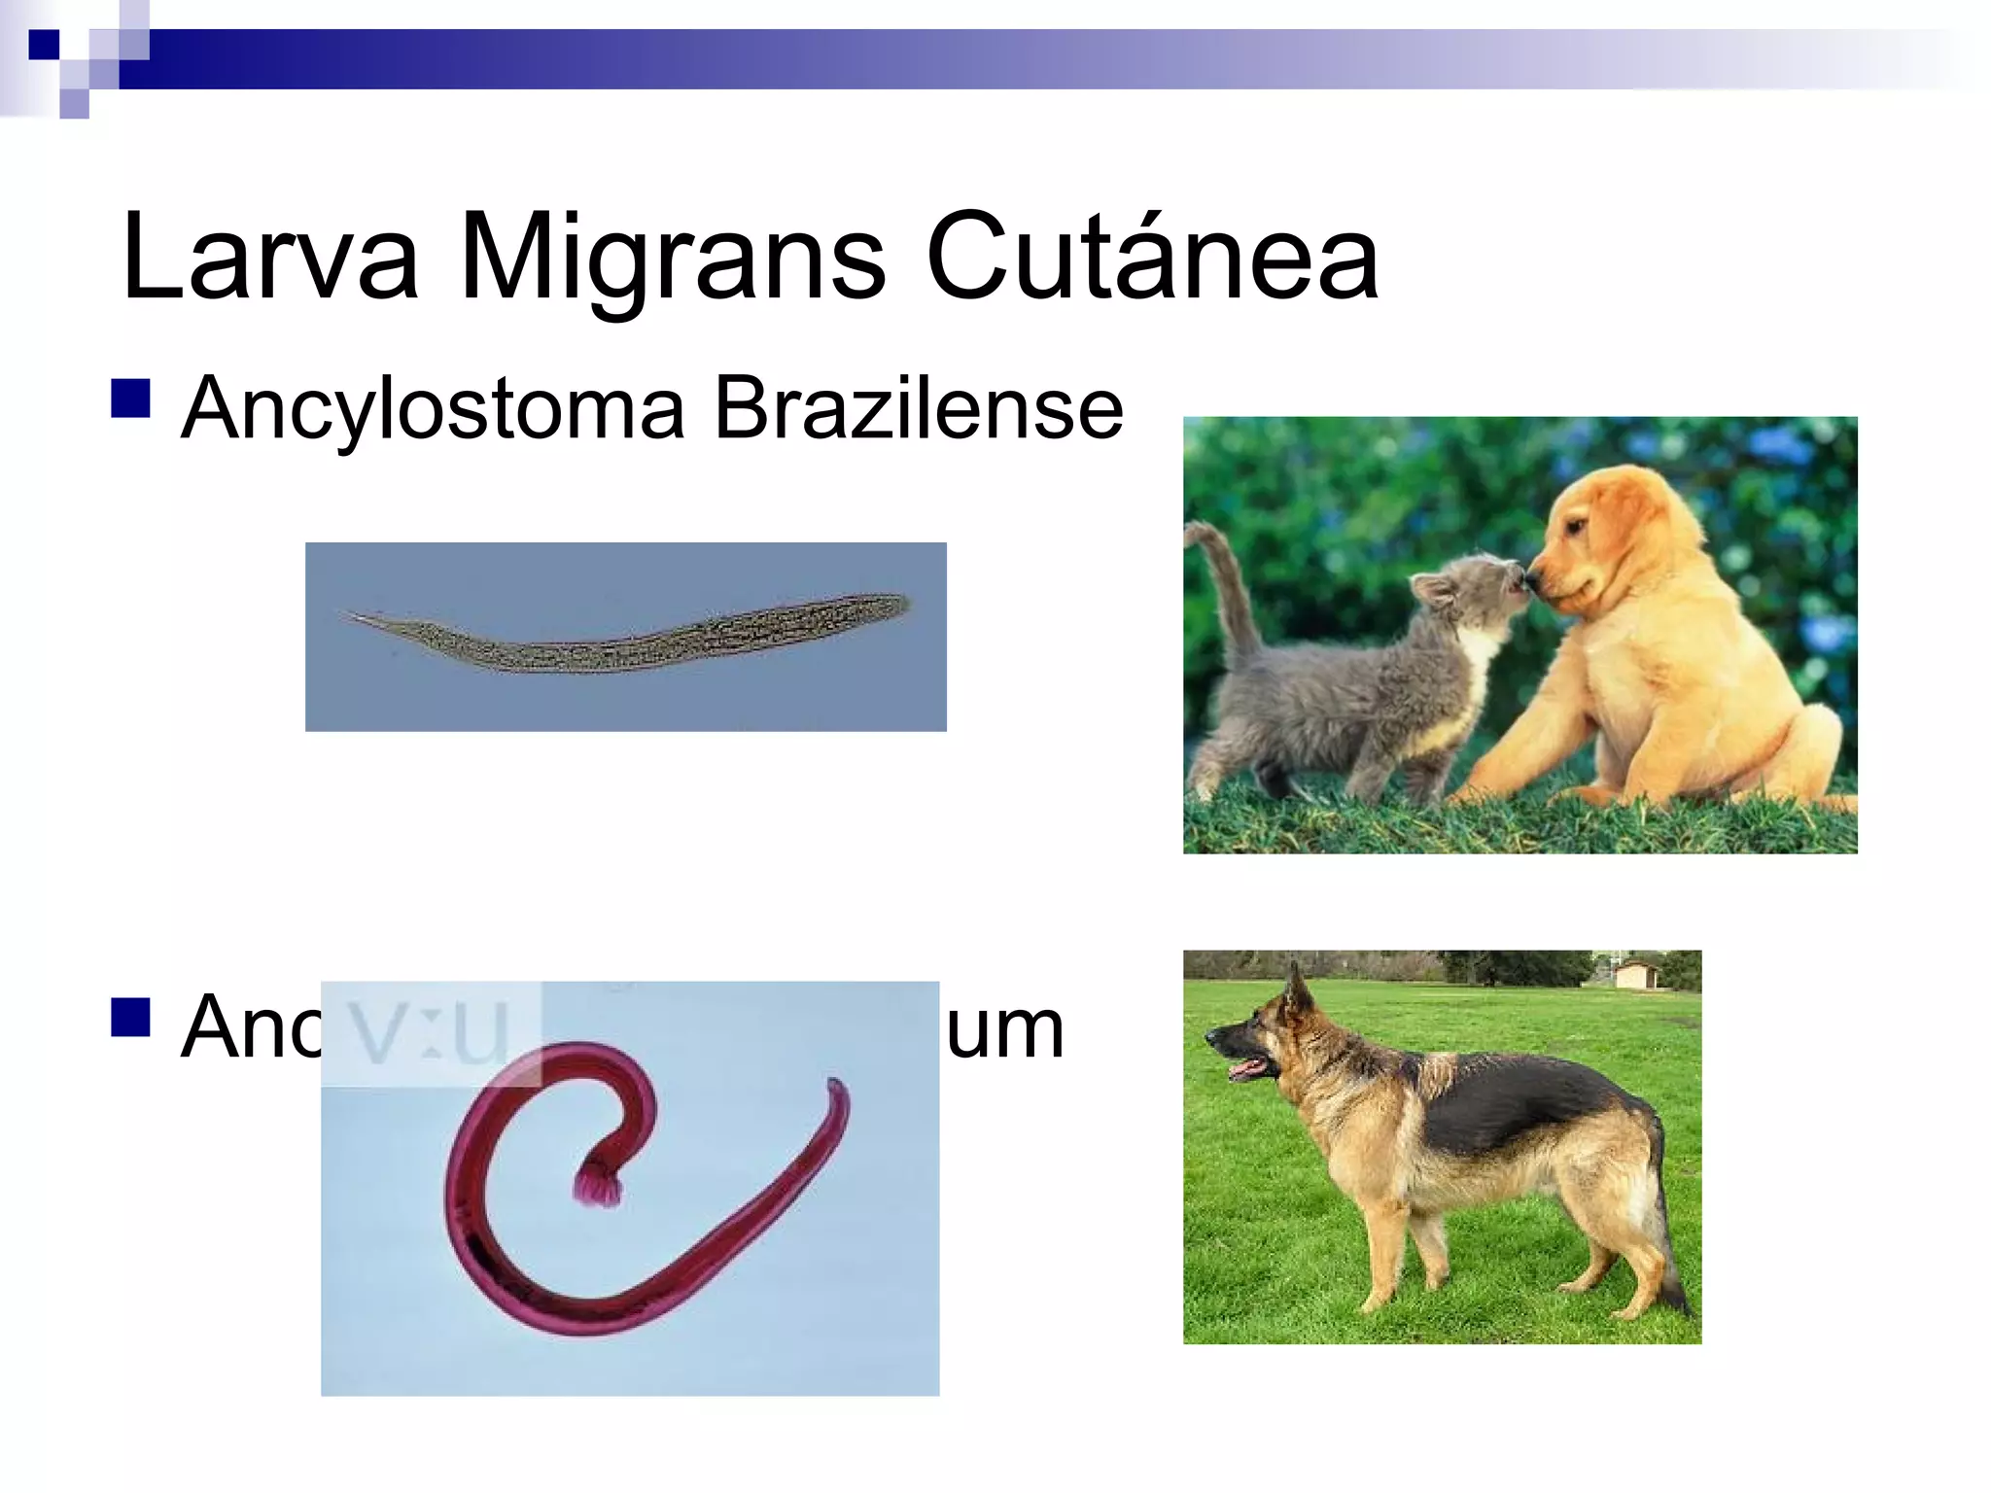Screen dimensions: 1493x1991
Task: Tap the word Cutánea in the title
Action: coord(1152,257)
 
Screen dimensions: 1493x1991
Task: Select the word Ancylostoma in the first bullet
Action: coord(434,409)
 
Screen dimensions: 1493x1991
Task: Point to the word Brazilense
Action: coord(918,409)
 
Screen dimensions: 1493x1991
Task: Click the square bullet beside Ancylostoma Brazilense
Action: coord(131,399)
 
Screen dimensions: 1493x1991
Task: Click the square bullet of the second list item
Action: coord(131,1018)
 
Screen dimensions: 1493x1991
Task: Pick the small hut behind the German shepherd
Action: coord(1637,973)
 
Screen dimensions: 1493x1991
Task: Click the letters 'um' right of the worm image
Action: coord(1005,1028)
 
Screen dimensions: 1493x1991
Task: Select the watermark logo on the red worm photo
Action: coord(431,1032)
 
